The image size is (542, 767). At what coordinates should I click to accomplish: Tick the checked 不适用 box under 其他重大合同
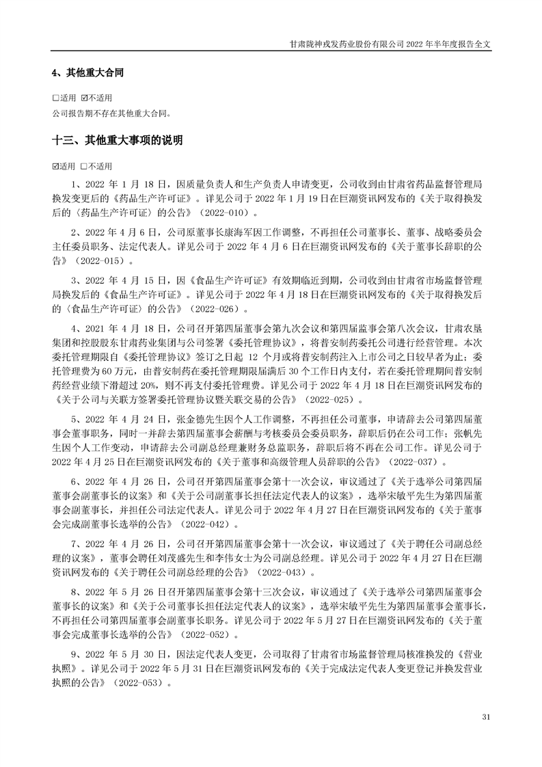tap(85, 98)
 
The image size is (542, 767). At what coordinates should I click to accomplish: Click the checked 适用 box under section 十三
tap(55, 166)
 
